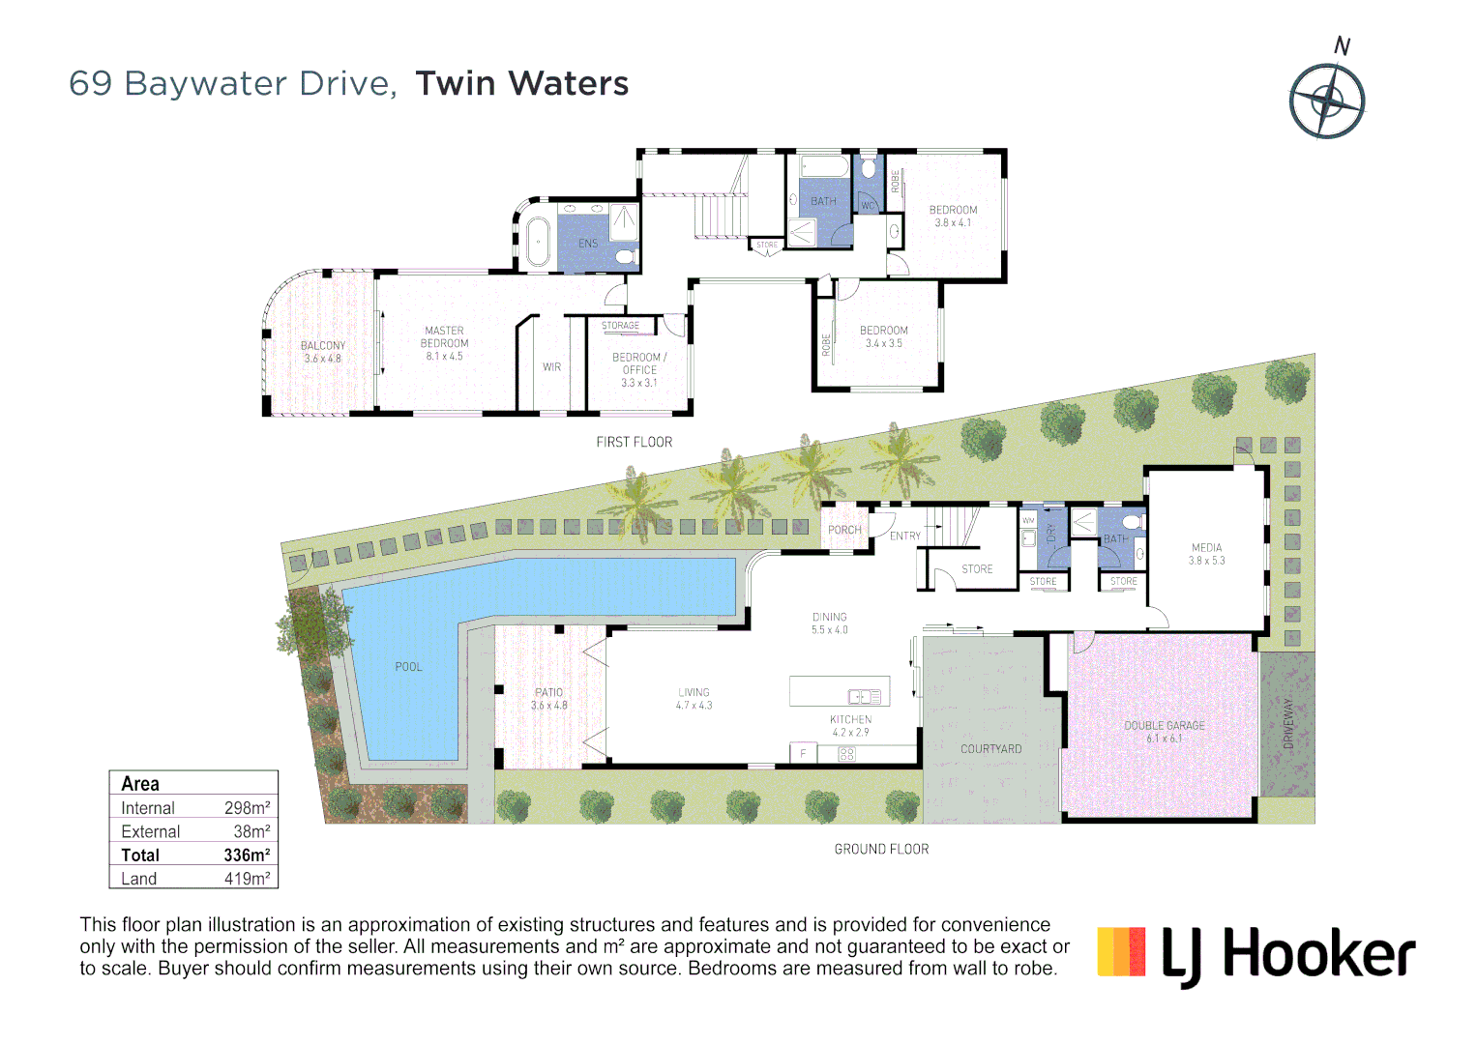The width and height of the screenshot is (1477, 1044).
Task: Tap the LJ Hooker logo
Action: pos(1256,955)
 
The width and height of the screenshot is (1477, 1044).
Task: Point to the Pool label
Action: pos(408,667)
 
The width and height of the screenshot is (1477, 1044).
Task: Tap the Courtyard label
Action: pos(990,749)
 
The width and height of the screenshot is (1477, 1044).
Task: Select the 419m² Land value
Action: pos(247,879)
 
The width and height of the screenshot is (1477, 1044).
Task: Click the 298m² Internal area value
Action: pos(247,808)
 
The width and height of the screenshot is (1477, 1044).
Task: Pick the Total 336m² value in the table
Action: pos(247,855)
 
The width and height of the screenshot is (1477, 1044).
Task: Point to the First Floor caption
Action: pos(634,442)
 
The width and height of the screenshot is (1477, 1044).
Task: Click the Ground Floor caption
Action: pos(881,849)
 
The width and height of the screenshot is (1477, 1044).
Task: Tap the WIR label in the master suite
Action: pos(551,367)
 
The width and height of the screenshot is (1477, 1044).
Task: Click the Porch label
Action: pos(843,530)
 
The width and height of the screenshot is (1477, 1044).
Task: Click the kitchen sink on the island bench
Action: pos(864,696)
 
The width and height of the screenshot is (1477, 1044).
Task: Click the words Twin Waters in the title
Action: pos(522,84)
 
